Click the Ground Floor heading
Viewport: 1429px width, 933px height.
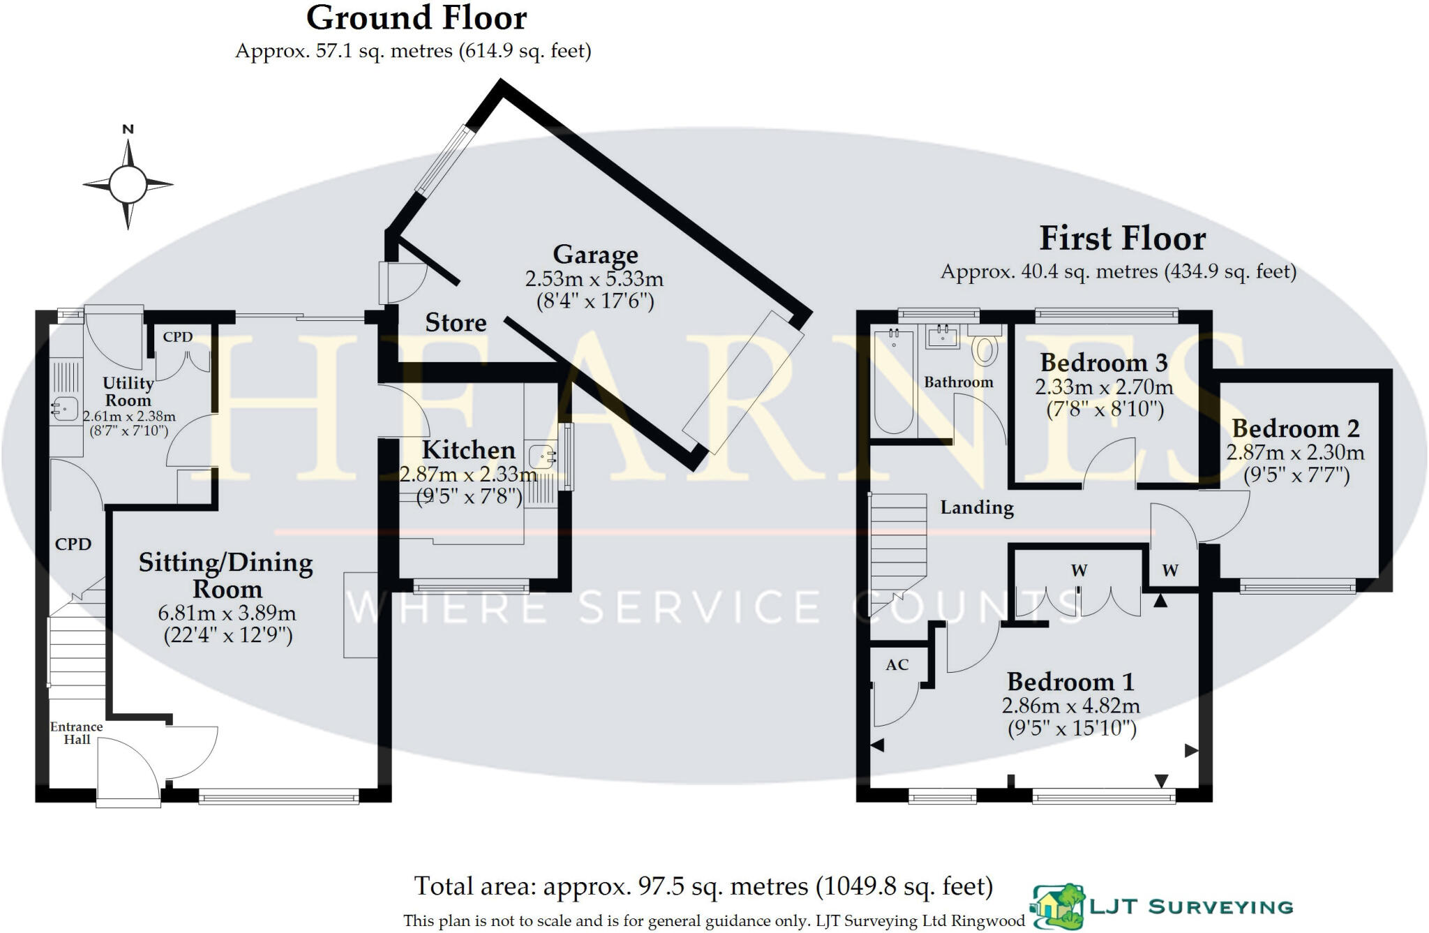(x=417, y=18)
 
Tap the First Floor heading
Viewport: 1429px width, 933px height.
(x=1122, y=239)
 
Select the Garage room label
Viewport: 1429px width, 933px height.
(x=595, y=255)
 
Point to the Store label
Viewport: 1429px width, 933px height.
(x=456, y=322)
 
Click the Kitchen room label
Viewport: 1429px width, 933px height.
(x=468, y=450)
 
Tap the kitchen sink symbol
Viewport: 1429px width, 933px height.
(x=542, y=457)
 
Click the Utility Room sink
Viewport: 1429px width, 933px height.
(x=64, y=408)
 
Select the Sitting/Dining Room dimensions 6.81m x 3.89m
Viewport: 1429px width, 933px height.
(x=227, y=613)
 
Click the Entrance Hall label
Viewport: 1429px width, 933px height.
(x=76, y=733)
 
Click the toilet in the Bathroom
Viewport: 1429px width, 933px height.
(x=984, y=348)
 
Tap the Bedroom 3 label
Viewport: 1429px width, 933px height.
(x=1103, y=363)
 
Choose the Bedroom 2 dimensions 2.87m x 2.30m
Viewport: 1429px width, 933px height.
(x=1295, y=452)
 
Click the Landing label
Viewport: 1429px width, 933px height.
(x=976, y=507)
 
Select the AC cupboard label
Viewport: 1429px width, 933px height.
(x=897, y=665)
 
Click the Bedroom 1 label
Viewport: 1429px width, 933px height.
(x=1070, y=682)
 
